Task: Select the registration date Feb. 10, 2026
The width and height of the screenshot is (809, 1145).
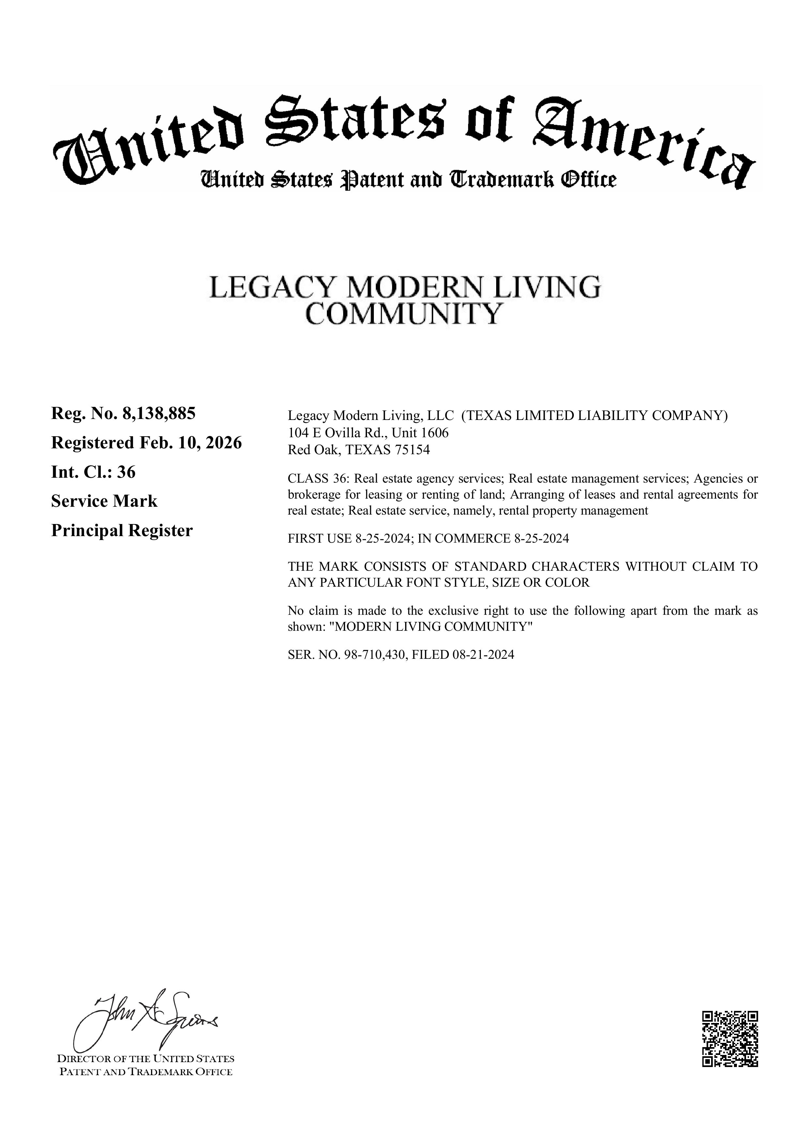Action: point(191,443)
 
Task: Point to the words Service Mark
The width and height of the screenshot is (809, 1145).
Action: point(104,501)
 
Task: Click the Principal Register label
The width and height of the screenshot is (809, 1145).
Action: point(122,531)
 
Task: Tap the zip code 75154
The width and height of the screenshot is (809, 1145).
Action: point(412,450)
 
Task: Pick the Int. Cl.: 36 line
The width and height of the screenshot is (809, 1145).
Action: point(93,472)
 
